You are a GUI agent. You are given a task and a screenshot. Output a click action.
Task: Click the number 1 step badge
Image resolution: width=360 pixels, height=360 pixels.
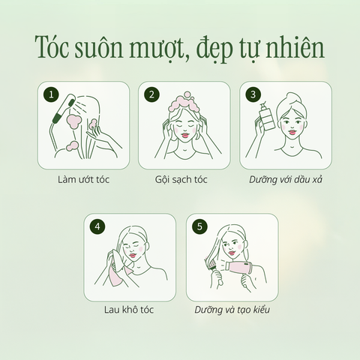51,94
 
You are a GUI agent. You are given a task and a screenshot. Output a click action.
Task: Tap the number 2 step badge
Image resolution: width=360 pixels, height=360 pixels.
152,94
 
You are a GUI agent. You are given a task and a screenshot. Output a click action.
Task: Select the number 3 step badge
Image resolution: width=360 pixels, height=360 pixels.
253,94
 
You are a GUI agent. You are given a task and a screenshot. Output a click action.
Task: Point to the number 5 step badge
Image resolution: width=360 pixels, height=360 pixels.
199,227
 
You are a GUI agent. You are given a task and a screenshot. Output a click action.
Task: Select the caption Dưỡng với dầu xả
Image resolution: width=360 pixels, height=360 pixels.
285,180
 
